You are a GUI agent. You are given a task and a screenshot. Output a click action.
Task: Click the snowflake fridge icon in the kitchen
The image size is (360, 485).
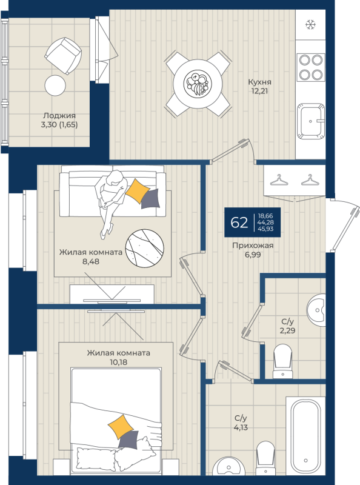click(x=310, y=25)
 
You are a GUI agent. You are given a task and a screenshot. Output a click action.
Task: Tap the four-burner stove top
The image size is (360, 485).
click(x=311, y=67)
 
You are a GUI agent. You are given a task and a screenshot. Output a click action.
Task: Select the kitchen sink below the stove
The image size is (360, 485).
click(x=312, y=120)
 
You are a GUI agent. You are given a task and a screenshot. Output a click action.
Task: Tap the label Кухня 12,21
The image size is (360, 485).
click(x=259, y=87)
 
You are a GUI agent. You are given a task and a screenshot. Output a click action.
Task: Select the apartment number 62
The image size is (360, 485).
click(x=239, y=222)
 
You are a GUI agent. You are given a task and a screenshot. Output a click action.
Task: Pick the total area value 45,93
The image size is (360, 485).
click(x=266, y=230)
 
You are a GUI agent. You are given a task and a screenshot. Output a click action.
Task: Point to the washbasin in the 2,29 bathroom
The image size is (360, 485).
click(x=316, y=308)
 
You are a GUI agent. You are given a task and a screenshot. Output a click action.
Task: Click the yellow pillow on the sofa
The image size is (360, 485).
click(x=137, y=190)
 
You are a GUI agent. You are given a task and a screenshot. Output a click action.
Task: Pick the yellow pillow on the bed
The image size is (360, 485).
click(x=120, y=427)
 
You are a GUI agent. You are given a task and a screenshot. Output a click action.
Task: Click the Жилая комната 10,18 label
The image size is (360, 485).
click(x=118, y=357)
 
